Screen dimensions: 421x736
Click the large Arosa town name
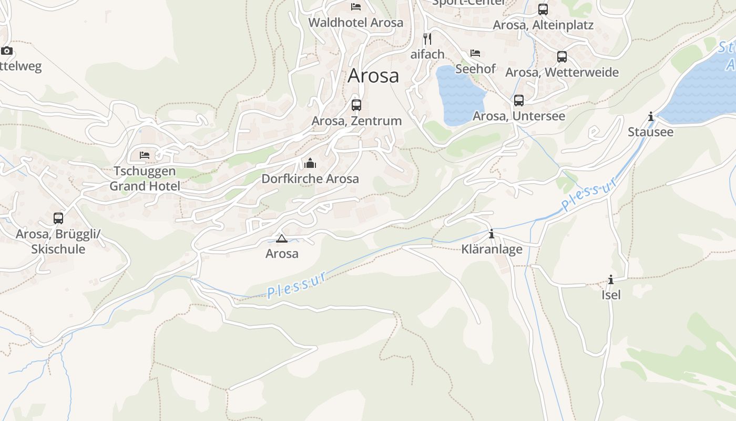click(x=373, y=76)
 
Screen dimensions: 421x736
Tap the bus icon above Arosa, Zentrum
click(x=356, y=105)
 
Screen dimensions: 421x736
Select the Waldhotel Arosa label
click(x=356, y=23)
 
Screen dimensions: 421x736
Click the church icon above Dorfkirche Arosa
click(x=310, y=163)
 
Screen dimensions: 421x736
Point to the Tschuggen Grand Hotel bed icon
click(x=145, y=155)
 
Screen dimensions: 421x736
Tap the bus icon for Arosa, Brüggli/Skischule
click(x=58, y=218)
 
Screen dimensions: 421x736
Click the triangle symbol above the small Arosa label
click(x=282, y=238)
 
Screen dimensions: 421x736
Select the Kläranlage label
click(x=492, y=249)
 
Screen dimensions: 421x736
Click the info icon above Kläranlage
click(x=492, y=234)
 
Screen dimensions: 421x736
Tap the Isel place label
click(x=611, y=295)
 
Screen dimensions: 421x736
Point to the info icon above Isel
click(x=611, y=279)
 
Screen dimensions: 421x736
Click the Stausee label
click(x=650, y=132)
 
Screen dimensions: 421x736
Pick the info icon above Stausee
click(x=651, y=116)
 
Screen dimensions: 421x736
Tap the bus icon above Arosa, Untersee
click(x=519, y=100)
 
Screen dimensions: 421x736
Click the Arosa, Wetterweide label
click(x=562, y=72)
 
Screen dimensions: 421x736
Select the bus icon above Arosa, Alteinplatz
click(x=543, y=9)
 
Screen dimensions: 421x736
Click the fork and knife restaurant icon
click(x=427, y=38)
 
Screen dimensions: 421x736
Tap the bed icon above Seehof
click(x=476, y=53)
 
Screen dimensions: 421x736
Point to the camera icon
click(x=7, y=51)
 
